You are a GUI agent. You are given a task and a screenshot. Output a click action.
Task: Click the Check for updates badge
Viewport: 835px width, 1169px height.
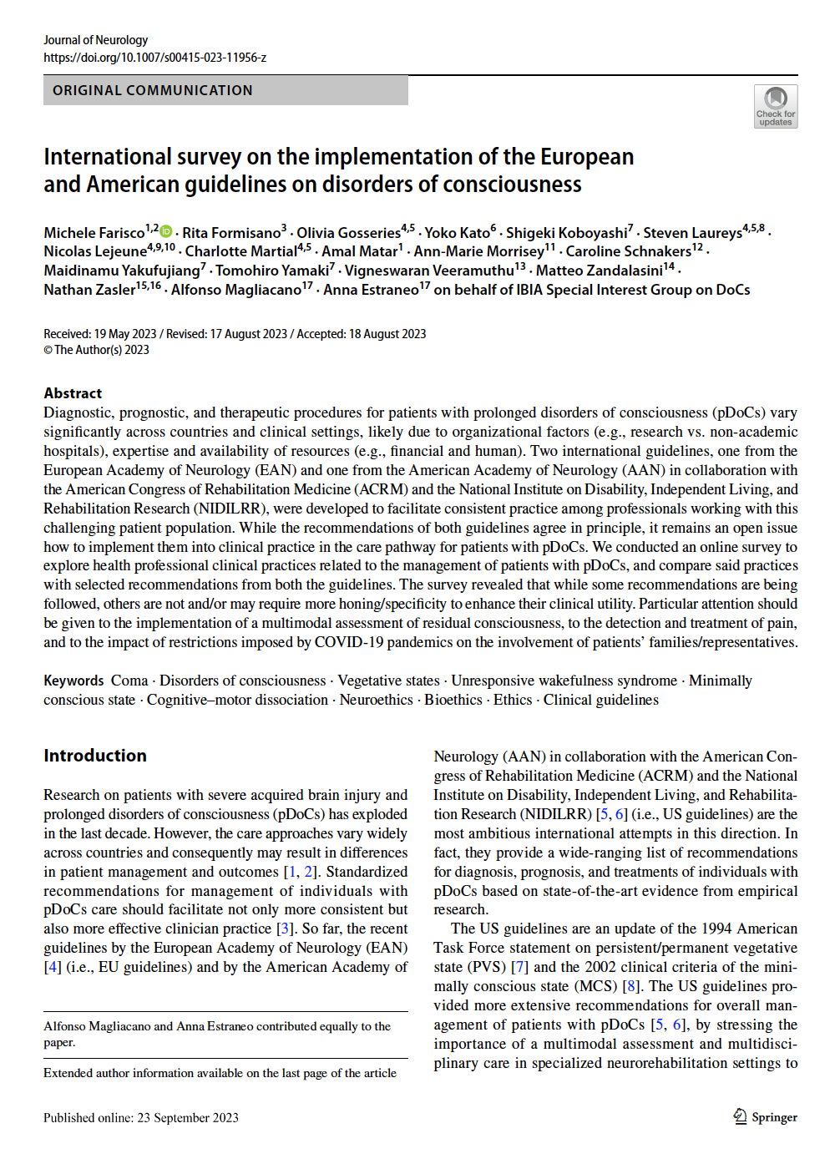pos(776,107)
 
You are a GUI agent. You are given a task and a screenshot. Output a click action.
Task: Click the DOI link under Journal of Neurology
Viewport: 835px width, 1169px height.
pos(155,58)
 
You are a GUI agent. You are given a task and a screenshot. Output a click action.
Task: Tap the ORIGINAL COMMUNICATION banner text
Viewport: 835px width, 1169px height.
pos(153,90)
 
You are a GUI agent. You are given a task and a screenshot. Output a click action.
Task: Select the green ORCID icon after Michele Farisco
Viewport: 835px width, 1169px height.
pos(166,231)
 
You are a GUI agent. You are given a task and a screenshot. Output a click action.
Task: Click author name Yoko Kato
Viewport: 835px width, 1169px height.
pos(458,233)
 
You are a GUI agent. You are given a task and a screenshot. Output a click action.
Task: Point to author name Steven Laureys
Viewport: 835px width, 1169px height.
pos(692,233)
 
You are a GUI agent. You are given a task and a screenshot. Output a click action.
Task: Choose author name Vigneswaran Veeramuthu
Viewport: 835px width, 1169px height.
pos(429,271)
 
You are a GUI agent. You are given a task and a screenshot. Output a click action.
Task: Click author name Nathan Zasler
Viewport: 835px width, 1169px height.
pos(89,290)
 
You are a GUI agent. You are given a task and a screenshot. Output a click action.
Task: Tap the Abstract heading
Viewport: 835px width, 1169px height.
pos(73,393)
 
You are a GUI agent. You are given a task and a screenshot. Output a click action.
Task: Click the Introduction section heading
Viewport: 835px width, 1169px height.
pos(95,756)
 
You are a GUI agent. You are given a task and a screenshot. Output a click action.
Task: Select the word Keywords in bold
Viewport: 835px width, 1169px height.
pos(73,681)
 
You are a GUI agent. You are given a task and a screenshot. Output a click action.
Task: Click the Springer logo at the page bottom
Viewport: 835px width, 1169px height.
pos(765,1117)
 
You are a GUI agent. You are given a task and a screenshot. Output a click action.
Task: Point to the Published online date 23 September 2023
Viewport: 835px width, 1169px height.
pos(188,1118)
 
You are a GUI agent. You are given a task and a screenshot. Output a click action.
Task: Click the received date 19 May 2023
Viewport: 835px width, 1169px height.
pos(125,334)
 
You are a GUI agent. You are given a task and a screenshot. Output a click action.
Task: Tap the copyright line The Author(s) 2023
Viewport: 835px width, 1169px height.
pos(101,350)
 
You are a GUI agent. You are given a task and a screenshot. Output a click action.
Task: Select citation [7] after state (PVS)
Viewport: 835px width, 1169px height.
pos(519,967)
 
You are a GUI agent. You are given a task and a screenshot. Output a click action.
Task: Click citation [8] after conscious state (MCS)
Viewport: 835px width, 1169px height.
pos(630,986)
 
